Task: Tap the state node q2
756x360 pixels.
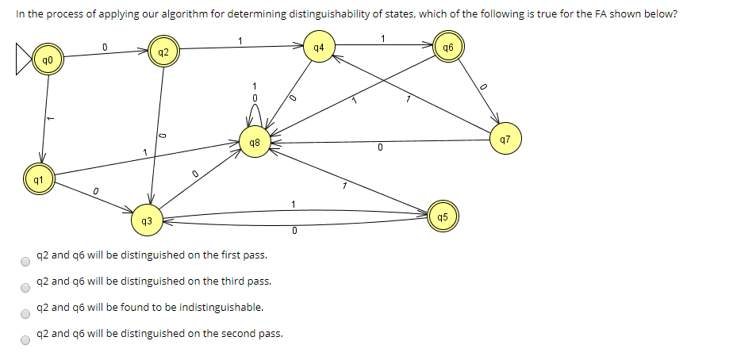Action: (x=163, y=53)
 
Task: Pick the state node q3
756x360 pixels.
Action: (x=145, y=220)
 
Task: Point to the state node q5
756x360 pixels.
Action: (x=442, y=216)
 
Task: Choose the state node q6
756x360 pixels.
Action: (x=448, y=48)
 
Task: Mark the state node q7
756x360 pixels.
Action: (x=505, y=140)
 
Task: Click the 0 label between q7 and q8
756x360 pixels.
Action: (x=380, y=147)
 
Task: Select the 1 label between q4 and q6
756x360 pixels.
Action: (x=383, y=38)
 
